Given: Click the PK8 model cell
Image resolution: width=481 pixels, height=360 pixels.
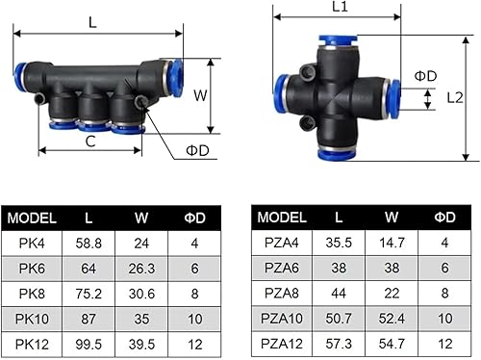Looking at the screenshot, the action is (32, 294).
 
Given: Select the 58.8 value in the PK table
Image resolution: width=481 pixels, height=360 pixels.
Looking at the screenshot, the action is (89, 244).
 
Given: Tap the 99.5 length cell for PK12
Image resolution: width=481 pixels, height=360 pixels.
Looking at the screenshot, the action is (89, 345).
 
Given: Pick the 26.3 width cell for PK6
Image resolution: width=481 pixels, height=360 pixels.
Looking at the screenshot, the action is (141, 269).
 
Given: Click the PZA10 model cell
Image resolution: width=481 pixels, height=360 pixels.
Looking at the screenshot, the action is (282, 319).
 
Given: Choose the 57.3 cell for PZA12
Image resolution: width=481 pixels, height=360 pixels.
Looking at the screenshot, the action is (339, 344).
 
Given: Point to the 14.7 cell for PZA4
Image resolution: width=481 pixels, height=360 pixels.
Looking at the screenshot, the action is (392, 243).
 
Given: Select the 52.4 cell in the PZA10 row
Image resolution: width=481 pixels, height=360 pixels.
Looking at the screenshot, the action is (392, 319).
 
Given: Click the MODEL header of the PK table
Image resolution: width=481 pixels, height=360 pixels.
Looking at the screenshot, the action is (32, 219).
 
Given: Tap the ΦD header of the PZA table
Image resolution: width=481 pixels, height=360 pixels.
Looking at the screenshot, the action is (444, 218).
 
